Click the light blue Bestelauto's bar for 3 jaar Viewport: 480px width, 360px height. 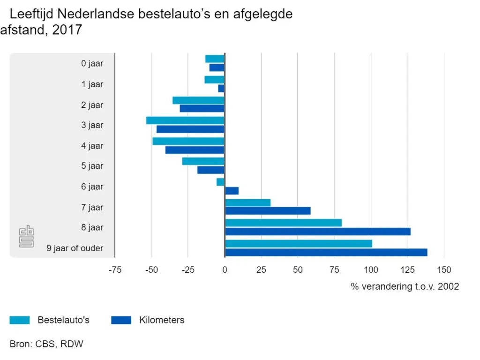[x=185, y=120]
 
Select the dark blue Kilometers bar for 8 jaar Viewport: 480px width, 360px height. [x=317, y=232]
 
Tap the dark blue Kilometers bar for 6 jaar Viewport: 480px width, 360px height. [x=232, y=191]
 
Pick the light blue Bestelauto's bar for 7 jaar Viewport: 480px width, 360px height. [x=247, y=203]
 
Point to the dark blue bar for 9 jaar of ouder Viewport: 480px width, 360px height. [x=326, y=253]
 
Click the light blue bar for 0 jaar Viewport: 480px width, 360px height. [x=215, y=59]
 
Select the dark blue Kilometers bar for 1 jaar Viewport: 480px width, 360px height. [x=221, y=88]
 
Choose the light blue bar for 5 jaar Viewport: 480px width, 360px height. [x=203, y=161]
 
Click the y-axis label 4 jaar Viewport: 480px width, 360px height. [x=92, y=146]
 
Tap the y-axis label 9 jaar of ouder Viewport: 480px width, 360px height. [x=75, y=248]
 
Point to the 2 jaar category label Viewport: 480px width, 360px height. [x=92, y=105]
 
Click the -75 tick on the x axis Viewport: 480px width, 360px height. [x=115, y=270]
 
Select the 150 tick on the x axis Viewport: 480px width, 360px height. [x=444, y=270]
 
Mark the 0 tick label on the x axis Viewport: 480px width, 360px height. [x=225, y=270]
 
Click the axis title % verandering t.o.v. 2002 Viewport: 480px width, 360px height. [x=405, y=286]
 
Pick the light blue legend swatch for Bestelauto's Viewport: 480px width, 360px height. [x=20, y=321]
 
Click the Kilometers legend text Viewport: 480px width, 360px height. [x=162, y=321]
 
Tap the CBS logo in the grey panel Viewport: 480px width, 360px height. [x=26, y=237]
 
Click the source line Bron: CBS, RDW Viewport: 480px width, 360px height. [x=46, y=344]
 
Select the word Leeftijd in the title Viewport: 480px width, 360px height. [x=35, y=15]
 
